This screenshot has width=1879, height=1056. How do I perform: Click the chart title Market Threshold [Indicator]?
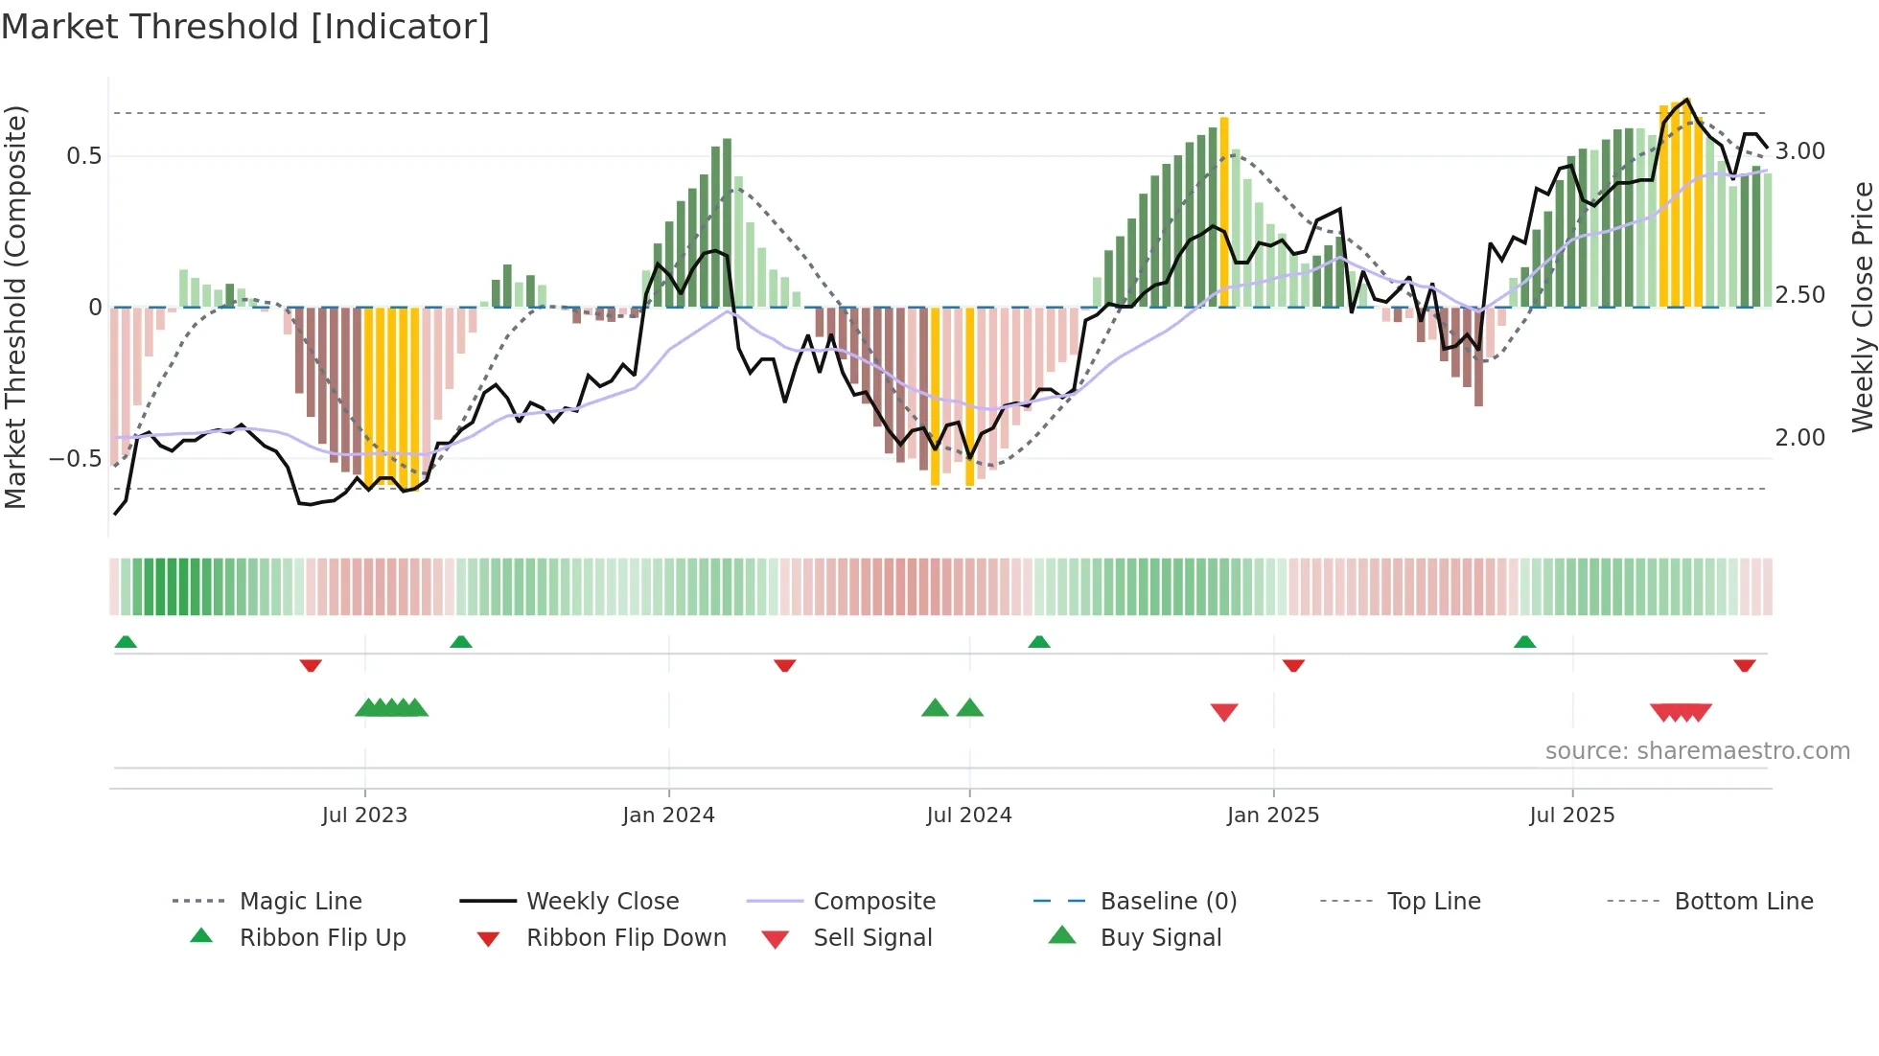245,27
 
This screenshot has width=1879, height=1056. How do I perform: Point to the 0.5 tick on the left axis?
84,156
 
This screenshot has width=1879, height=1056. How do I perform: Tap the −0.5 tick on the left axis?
77,459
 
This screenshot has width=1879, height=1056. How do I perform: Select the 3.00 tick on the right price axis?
1799,151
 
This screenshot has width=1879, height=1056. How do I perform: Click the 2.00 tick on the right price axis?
1799,438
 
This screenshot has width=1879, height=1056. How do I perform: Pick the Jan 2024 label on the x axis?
668,815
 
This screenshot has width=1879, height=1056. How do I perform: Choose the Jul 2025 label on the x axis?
1571,815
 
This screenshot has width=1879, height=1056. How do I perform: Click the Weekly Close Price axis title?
1862,307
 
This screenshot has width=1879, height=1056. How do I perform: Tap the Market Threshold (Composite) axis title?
15,307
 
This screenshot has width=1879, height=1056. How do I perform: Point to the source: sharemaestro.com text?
1697,751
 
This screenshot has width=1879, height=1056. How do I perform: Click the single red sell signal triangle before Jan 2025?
1224,712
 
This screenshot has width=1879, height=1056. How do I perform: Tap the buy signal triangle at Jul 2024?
969,708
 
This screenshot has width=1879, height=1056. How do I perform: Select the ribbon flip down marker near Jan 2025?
1293,665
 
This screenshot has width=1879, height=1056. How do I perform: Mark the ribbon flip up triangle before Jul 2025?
1524,642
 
